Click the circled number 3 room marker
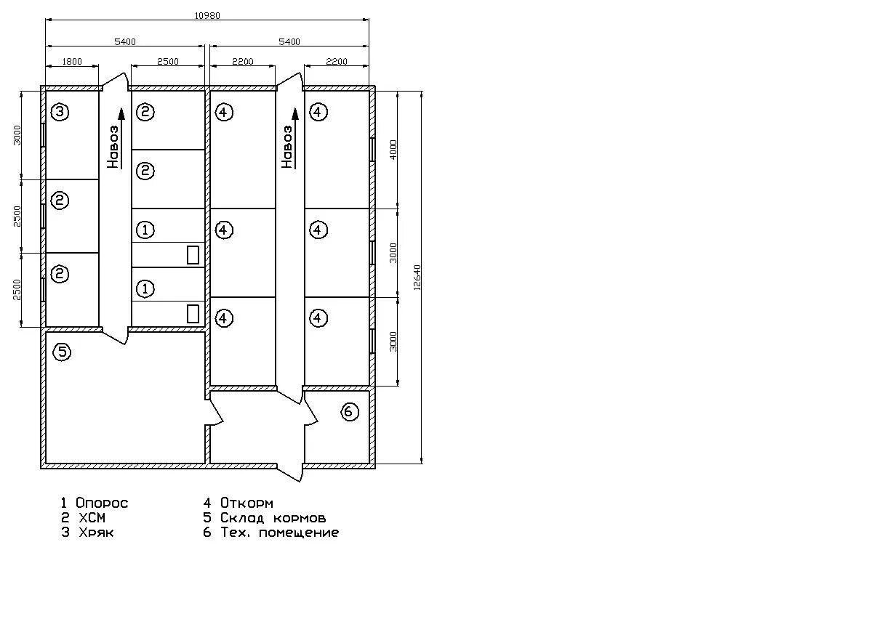coord(60,112)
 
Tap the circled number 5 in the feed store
coord(63,352)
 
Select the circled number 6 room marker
coord(349,412)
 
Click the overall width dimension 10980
coord(207,15)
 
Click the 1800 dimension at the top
coord(72,62)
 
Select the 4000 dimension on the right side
coord(393,150)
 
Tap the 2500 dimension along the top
coord(167,62)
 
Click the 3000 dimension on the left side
coord(17,134)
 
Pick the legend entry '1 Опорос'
coord(94,503)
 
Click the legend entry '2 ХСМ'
coord(84,518)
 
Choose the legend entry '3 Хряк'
coord(87,533)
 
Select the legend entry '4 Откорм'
coord(238,503)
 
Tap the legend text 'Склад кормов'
coord(273,518)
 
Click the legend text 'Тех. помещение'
coord(279,533)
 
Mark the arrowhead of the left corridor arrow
coord(121,113)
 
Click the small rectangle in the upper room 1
coord(193,255)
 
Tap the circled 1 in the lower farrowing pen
coord(145,288)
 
